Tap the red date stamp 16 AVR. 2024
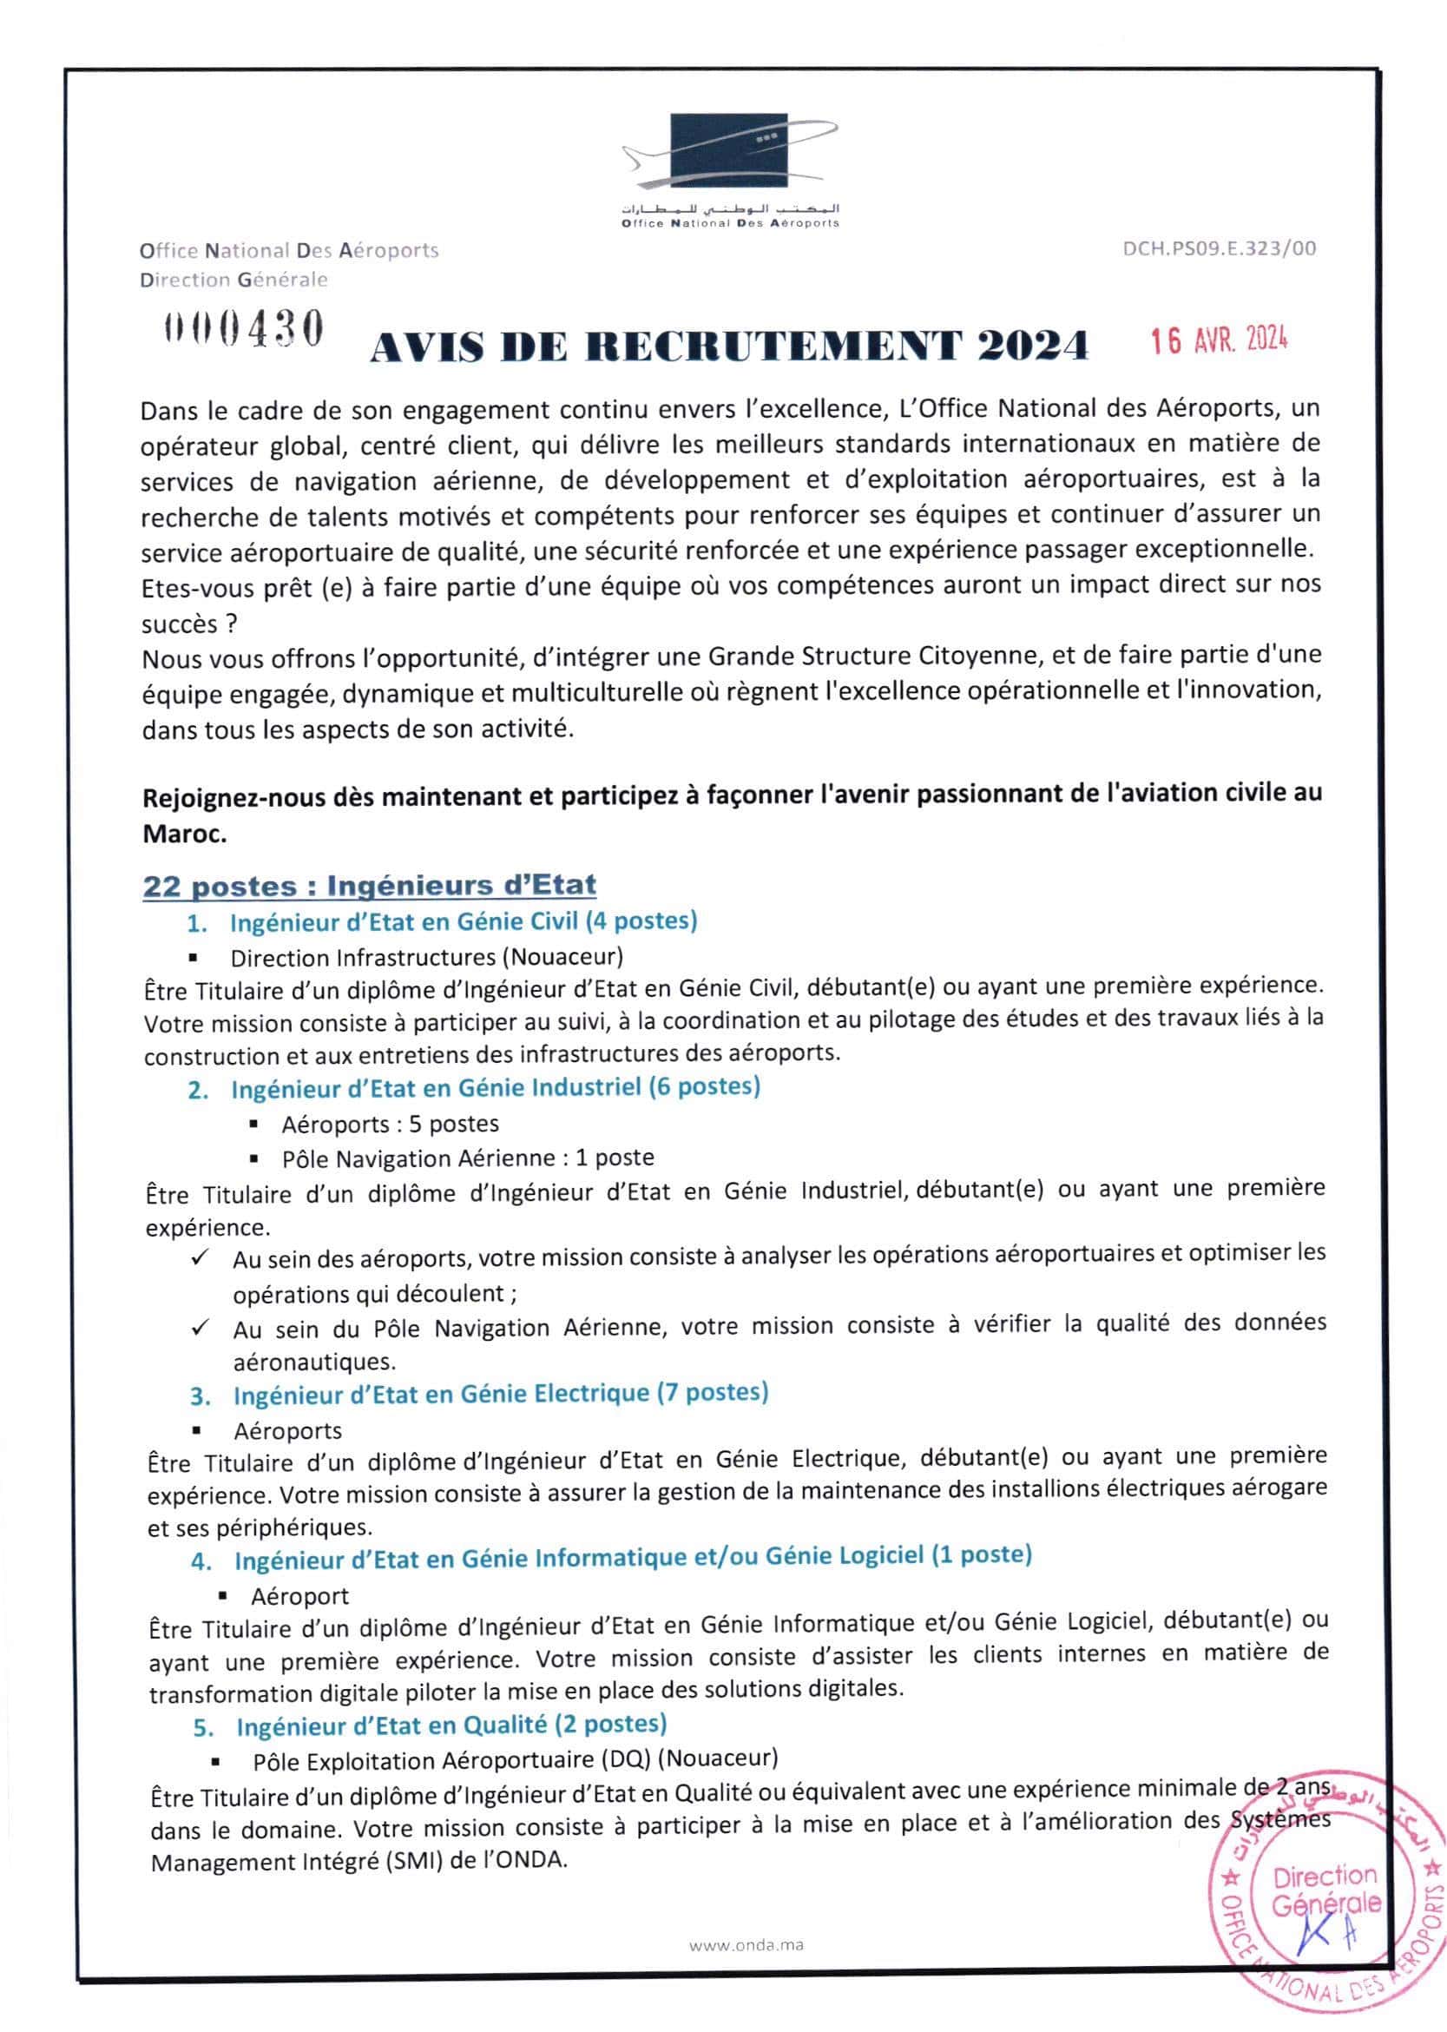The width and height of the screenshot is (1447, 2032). pyautogui.click(x=1219, y=340)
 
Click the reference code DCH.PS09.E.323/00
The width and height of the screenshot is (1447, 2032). pyautogui.click(x=1219, y=248)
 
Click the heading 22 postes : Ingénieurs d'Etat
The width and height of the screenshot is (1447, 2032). pyautogui.click(x=369, y=885)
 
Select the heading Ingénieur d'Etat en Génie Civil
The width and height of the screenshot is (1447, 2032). pyautogui.click(x=464, y=920)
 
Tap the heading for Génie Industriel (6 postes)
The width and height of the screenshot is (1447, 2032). pyautogui.click(x=496, y=1087)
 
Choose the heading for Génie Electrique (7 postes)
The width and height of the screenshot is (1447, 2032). pyautogui.click(x=501, y=1392)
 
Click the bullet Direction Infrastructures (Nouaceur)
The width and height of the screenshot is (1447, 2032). pyautogui.click(x=427, y=957)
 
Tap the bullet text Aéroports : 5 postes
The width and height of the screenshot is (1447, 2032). pyautogui.click(x=391, y=1124)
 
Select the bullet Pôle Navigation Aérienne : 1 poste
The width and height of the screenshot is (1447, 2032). pyautogui.click(x=468, y=1158)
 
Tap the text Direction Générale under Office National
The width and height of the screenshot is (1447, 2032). pyautogui.click(x=233, y=280)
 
